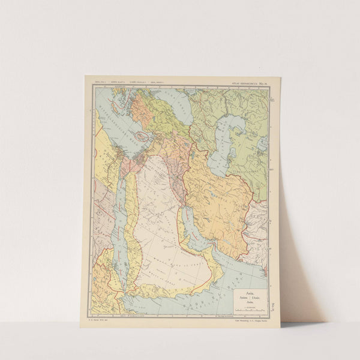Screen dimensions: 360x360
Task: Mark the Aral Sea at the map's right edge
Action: click(262, 144)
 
